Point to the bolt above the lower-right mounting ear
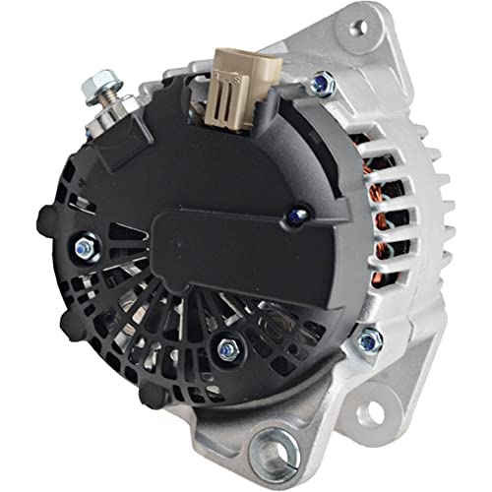[x=369, y=341]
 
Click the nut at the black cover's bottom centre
[x=228, y=345]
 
